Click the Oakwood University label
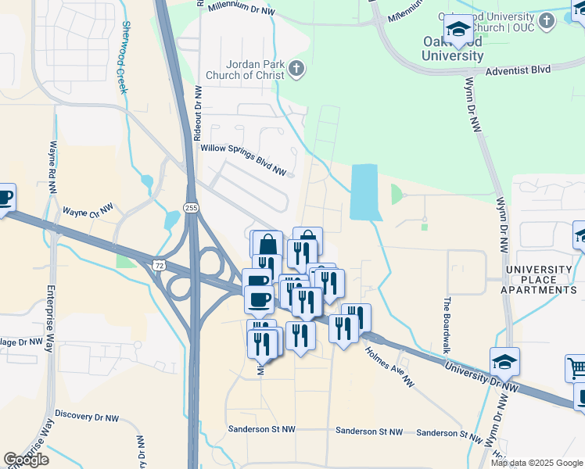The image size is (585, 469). click(452, 49)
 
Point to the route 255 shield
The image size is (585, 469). click(191, 207)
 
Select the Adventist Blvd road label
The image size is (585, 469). click(518, 70)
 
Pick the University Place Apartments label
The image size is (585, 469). click(541, 280)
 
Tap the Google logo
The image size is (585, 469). click(26, 459)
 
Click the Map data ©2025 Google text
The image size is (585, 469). click(537, 463)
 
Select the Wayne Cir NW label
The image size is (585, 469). click(88, 210)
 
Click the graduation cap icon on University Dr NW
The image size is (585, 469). click(504, 361)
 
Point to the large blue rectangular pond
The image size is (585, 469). click(364, 192)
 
